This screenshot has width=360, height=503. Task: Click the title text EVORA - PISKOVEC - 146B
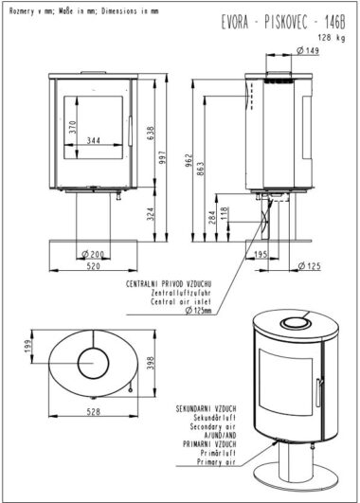283,23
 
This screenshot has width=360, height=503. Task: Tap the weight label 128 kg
332,38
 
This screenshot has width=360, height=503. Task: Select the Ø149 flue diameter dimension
308,50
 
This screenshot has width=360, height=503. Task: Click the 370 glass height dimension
73,127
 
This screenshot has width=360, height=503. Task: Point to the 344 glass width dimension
94,140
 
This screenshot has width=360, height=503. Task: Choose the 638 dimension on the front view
151,134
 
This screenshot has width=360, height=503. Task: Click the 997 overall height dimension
162,157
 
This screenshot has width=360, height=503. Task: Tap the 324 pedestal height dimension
151,214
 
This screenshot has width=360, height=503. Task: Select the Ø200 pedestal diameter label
93,255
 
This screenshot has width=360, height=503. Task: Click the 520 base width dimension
94,266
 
